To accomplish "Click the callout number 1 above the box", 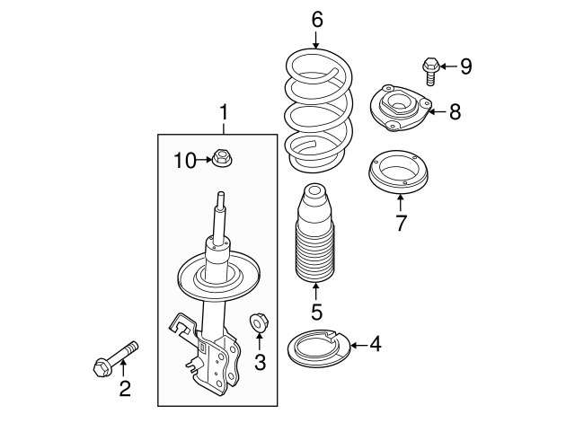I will click(x=225, y=114).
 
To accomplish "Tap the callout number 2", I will click(x=125, y=388).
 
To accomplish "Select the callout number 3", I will click(x=261, y=362).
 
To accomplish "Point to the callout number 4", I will click(x=374, y=344).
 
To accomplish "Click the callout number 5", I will click(x=316, y=312).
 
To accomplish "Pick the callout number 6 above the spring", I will click(x=316, y=17).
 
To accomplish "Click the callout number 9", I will click(x=464, y=66).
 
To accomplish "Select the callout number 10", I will click(x=184, y=160).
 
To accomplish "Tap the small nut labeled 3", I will click(x=258, y=322).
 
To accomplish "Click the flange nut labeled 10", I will click(x=222, y=159).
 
